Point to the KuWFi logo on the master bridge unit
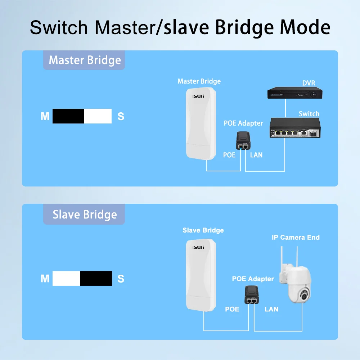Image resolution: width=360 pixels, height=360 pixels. [198, 96]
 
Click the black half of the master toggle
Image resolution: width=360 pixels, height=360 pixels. [68, 116]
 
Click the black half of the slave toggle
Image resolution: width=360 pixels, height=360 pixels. [96, 279]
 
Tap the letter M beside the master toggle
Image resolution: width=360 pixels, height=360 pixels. [45, 116]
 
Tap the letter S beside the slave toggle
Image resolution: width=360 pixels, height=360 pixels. [121, 279]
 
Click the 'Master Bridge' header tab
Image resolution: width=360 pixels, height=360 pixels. [85, 60]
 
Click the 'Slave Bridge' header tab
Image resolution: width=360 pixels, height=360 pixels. [85, 215]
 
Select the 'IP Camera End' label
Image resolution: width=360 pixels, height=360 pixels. [296, 237]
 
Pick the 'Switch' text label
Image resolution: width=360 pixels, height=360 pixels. [309, 114]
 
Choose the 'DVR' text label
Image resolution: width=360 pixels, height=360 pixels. [309, 83]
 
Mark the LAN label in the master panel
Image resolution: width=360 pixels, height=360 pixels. [256, 155]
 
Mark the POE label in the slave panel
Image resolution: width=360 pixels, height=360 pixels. [232, 309]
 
